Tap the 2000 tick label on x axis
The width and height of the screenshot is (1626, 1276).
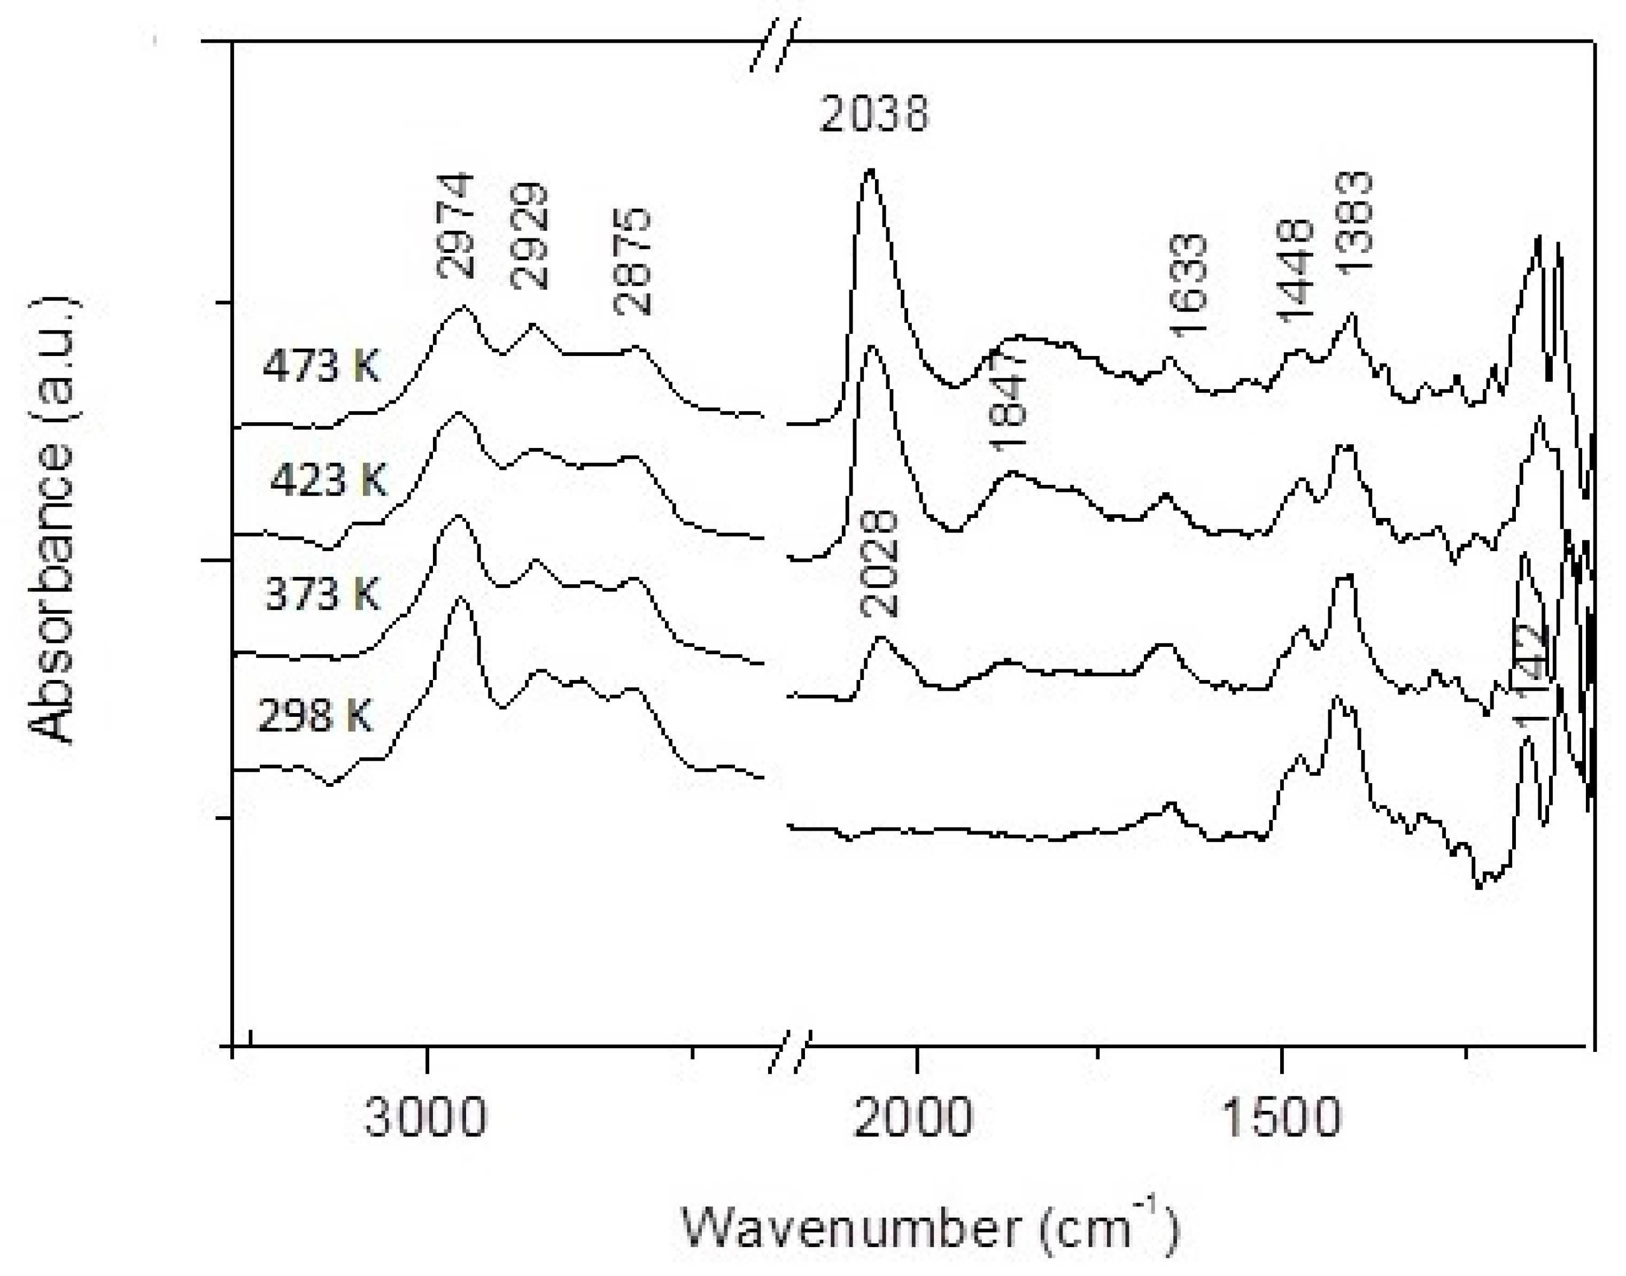913,1118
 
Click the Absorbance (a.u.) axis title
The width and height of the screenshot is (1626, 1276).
52,519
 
